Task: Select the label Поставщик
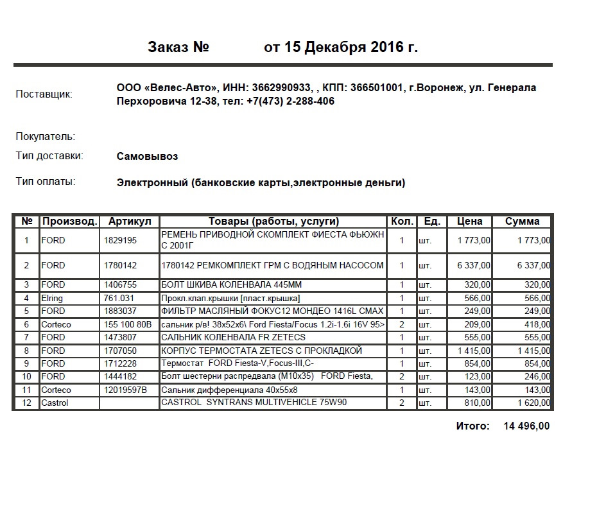(44, 94)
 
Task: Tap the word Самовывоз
(148, 157)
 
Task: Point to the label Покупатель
(46, 137)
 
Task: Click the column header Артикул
(130, 222)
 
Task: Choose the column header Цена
(469, 222)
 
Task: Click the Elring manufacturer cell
(52, 298)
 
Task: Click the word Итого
(472, 426)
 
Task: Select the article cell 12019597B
(126, 390)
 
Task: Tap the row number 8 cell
(26, 351)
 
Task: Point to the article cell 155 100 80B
(128, 324)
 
